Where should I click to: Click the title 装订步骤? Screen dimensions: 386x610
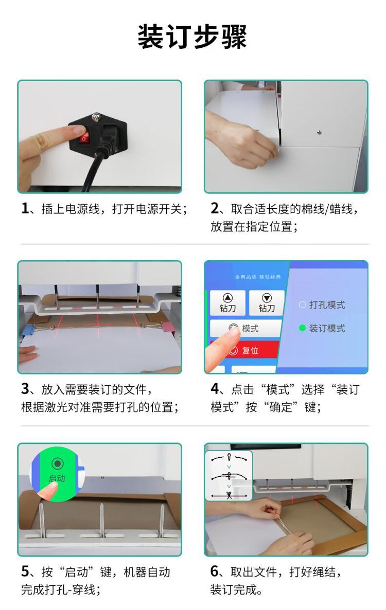point(192,37)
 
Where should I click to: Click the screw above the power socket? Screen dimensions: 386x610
point(95,117)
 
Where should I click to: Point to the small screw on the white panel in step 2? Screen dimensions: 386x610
point(320,133)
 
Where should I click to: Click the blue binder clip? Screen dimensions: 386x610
point(28,330)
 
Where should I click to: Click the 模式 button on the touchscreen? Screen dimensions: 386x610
point(245,329)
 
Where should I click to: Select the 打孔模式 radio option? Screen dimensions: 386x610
point(322,305)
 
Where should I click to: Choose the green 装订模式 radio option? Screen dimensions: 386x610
point(322,328)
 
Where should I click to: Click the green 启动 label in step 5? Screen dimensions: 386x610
point(57,478)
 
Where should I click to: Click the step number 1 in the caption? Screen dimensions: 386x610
point(25,208)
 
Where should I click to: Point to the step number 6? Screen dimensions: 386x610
point(215,571)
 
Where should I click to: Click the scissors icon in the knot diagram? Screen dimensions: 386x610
point(229,496)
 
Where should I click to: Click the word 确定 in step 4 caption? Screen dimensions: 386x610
point(281,407)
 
